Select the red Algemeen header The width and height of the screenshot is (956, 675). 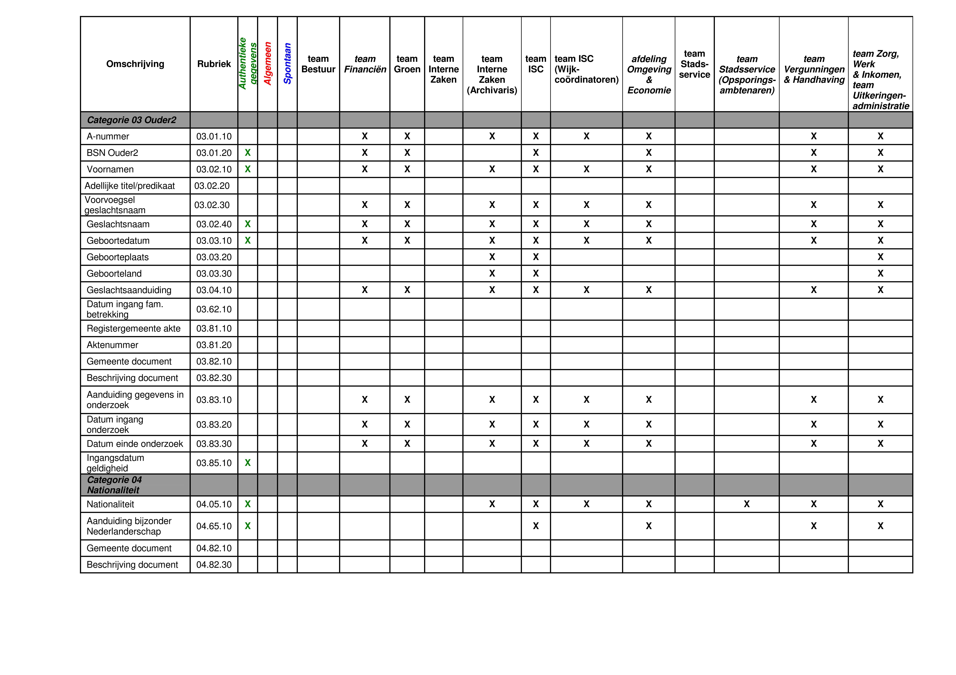pos(268,64)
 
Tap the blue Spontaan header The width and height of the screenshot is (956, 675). pos(287,64)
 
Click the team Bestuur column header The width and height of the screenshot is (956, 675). pos(318,64)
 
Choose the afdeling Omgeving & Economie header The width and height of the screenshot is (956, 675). pos(649,74)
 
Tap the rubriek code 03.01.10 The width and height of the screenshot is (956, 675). pos(214,137)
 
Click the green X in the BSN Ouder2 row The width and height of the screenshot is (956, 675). pos(248,153)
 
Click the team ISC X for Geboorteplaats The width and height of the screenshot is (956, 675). pos(536,257)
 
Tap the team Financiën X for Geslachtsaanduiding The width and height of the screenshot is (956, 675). pos(365,290)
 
